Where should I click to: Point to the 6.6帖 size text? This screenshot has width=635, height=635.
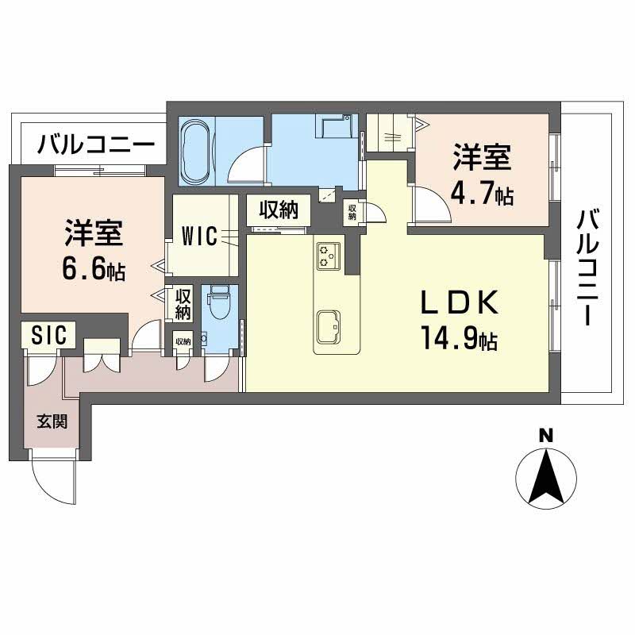(x=93, y=269)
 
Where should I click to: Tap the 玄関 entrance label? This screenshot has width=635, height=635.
(x=49, y=421)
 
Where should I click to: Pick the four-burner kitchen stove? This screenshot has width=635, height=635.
(x=328, y=256)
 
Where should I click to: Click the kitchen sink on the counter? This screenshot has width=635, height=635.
(x=329, y=324)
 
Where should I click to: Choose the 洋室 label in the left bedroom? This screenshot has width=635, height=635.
(x=93, y=235)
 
